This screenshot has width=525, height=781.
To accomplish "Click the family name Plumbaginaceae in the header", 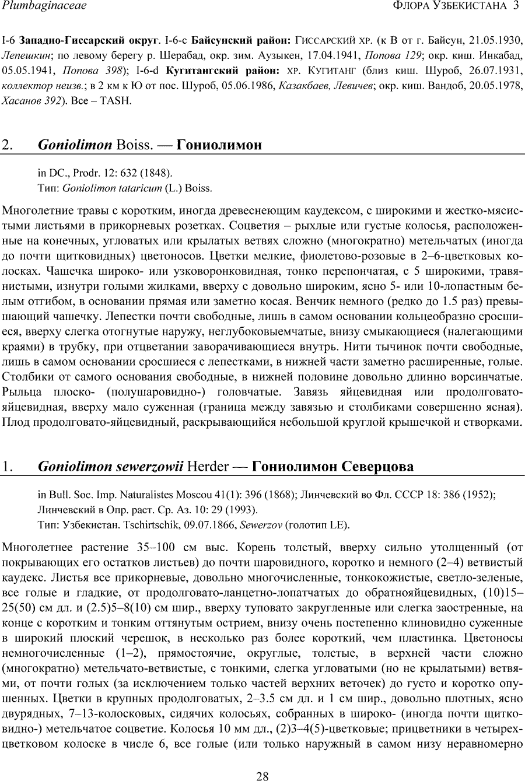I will [44, 6].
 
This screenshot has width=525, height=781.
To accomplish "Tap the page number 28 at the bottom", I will [262, 776].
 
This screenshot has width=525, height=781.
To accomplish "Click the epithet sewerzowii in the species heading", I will [149, 467].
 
